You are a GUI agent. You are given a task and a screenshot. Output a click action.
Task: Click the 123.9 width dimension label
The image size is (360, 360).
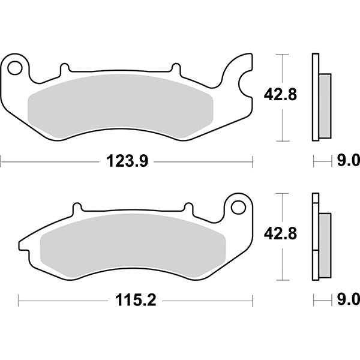pyautogui.click(x=127, y=160)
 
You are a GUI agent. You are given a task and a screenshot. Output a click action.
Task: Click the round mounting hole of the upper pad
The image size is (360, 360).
pyautogui.click(x=16, y=66)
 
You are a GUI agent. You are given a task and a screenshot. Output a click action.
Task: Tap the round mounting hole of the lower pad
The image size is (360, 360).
pyautogui.click(x=238, y=207)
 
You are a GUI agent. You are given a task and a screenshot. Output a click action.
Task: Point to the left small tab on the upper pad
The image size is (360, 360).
pyautogui.click(x=64, y=70)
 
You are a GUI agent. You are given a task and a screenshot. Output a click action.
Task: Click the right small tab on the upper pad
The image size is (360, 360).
pyautogui.click(x=176, y=68)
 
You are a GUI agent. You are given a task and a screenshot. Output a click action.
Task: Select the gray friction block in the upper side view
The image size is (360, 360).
pyautogui.click(x=324, y=104)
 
